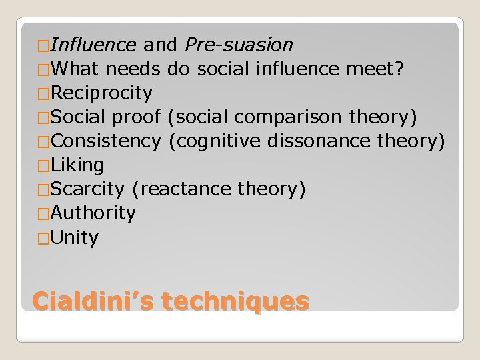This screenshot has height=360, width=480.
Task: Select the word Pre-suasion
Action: pyautogui.click(x=239, y=45)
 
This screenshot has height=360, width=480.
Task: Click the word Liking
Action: pyautogui.click(x=77, y=165)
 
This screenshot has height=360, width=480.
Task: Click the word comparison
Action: pyautogui.click(x=293, y=117)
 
